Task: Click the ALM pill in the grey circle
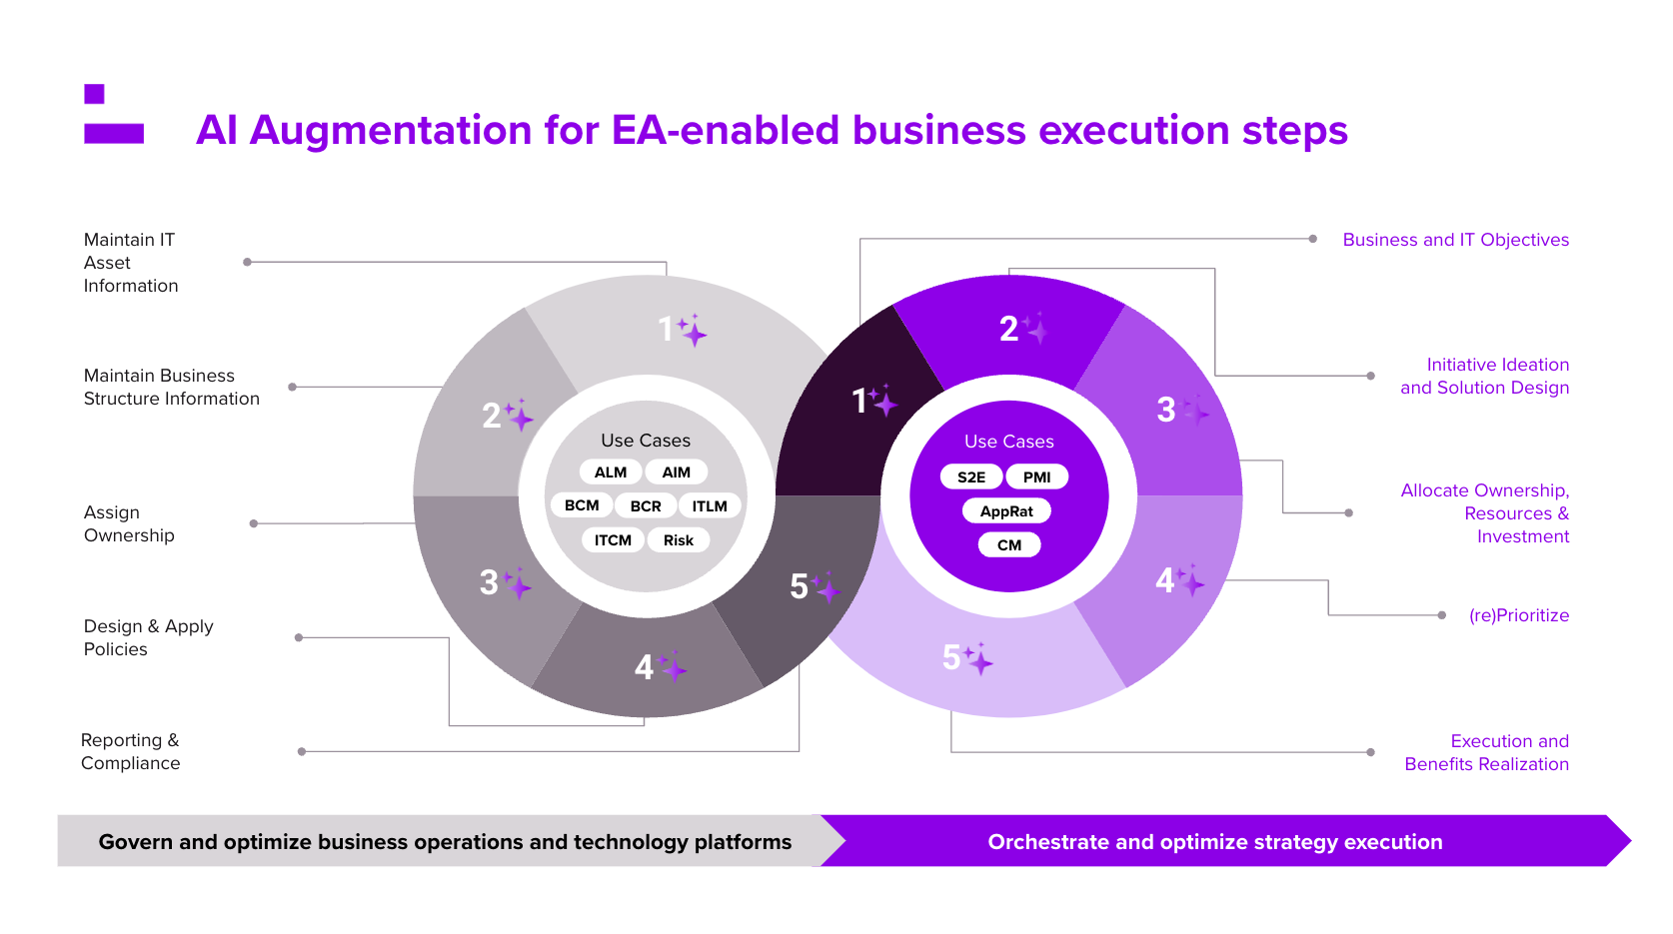610,472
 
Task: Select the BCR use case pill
646,506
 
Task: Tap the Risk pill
678,540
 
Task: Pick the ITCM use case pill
613,540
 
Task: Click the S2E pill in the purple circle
970,477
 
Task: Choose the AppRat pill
1006,511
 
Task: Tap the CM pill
1009,545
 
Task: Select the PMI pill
1036,477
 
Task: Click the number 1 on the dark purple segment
858,402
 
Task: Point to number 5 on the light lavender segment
950,657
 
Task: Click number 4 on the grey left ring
644,667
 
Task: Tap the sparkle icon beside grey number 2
519,416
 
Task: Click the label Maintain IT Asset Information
131,263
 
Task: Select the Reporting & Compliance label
131,752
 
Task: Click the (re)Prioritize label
1518,615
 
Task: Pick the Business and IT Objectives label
1455,240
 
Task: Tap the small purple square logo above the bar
94,94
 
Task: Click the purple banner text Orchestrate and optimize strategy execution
1214,842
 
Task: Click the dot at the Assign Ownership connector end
254,523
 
